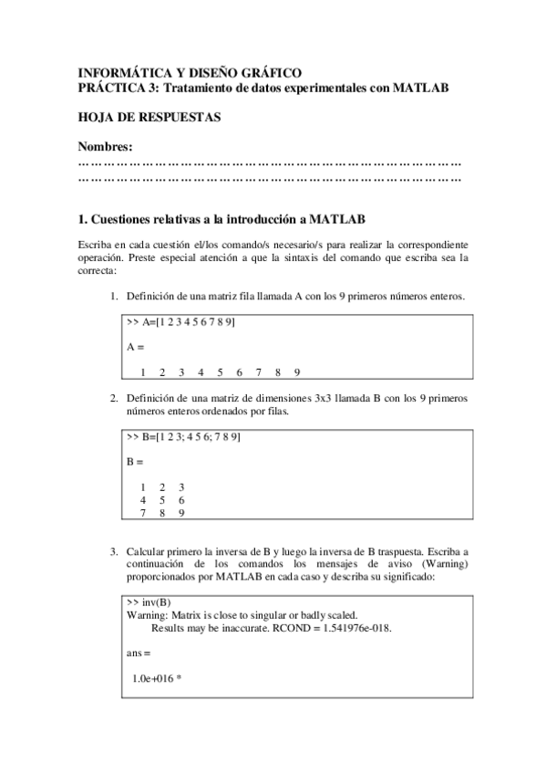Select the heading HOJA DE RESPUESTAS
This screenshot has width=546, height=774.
coord(149,118)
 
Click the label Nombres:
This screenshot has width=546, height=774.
coord(105,147)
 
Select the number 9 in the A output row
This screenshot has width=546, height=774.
coord(298,371)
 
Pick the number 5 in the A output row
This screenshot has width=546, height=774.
coord(221,371)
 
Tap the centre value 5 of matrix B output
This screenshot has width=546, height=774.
coord(162,500)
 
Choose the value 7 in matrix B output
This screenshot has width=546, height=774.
coord(143,513)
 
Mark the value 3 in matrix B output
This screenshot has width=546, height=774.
coord(181,487)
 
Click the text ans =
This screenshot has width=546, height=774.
coord(139,654)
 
